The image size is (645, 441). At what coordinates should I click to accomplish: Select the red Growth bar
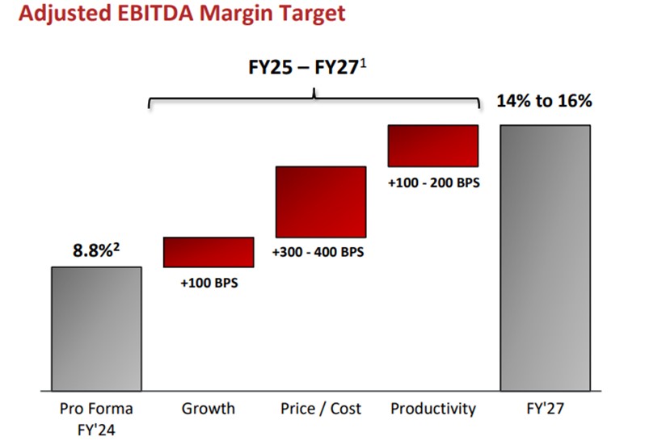coord(209,251)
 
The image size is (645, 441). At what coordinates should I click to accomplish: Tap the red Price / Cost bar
coord(320,201)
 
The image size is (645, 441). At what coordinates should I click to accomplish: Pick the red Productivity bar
coord(432,145)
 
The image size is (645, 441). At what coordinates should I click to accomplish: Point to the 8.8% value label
coord(91,250)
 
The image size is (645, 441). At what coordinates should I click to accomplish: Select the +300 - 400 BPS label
coord(318,251)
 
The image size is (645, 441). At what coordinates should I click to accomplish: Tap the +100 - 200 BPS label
coord(433,183)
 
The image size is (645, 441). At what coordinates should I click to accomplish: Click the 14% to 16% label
coord(546,101)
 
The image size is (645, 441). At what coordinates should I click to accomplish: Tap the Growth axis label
coord(209,409)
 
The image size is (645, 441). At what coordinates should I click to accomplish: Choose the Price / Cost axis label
coord(320,409)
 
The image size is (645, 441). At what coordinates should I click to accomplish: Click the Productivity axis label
coord(433,409)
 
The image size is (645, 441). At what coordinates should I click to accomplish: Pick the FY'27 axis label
coord(546,409)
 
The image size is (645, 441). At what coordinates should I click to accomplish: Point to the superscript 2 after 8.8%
coord(117,246)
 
